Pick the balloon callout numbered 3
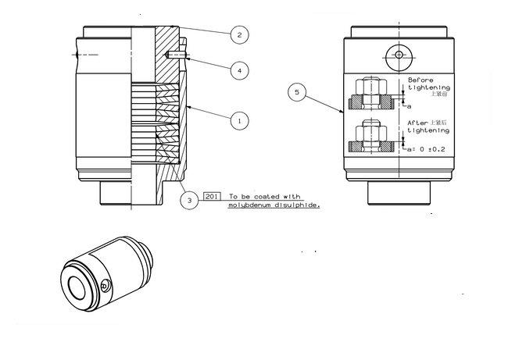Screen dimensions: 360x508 click(189, 200)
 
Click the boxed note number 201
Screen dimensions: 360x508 click(211, 197)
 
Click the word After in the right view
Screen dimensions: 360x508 click(417, 123)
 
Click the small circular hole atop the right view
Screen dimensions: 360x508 click(399, 55)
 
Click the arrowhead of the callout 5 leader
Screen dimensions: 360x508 click(344, 115)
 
